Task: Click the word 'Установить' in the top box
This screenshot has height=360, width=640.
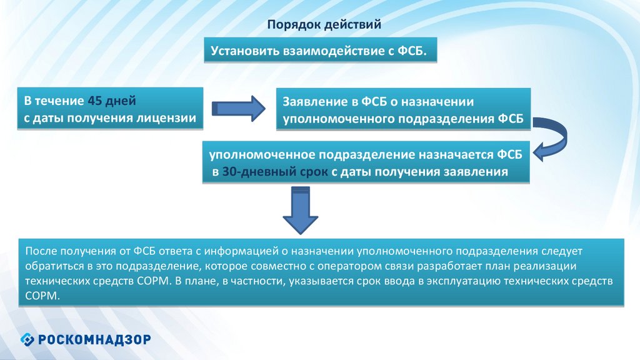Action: point(240,50)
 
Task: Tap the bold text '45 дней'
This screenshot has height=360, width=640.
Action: point(112,100)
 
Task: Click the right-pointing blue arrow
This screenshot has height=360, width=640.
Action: point(239,107)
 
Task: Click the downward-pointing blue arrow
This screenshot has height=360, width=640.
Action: point(301,211)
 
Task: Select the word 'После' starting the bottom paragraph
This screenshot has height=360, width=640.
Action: point(41,252)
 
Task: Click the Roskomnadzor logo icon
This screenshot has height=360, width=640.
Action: point(28,339)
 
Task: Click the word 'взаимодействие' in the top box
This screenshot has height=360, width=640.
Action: point(324,50)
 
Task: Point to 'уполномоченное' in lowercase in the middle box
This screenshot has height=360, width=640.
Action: point(261,154)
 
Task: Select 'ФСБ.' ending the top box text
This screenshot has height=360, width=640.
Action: point(412,50)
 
